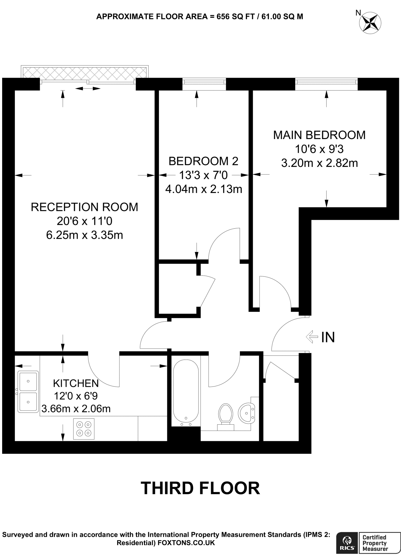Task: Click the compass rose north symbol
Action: pyautogui.click(x=370, y=23)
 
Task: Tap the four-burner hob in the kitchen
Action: pyautogui.click(x=84, y=429)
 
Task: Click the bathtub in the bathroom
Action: pyautogui.click(x=186, y=393)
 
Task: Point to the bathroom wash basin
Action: pyautogui.click(x=247, y=413)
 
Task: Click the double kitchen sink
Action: pyautogui.click(x=28, y=392)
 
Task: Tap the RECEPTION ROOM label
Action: pyautogui.click(x=84, y=207)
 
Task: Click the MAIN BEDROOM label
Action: pyautogui.click(x=319, y=135)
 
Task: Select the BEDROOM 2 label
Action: pyautogui.click(x=203, y=161)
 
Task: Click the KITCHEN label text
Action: pyautogui.click(x=76, y=383)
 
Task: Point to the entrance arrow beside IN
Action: pyautogui.click(x=312, y=337)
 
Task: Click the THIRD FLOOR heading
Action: pyautogui.click(x=200, y=488)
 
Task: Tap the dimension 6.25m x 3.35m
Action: pyautogui.click(x=84, y=235)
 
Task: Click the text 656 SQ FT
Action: pyautogui.click(x=236, y=17)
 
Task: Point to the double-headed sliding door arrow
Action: pyautogui.click(x=88, y=88)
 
